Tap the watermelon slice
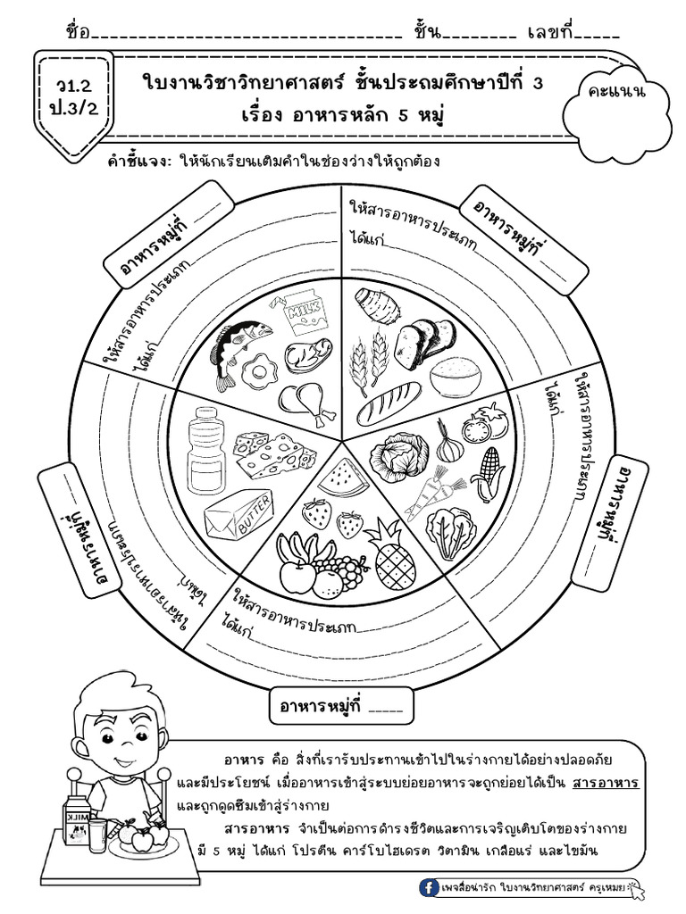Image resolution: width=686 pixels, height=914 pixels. coord(343,478)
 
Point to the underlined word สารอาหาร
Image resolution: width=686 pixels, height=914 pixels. coord(606,782)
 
